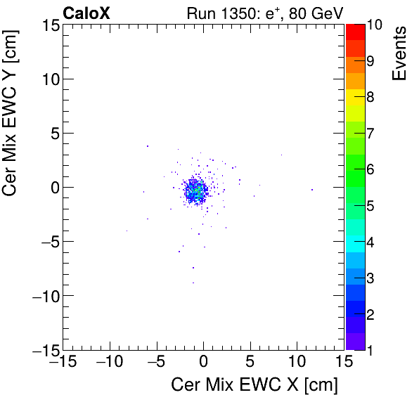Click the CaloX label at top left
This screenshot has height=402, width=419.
[86, 13]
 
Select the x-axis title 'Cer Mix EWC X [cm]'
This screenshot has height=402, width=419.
[254, 385]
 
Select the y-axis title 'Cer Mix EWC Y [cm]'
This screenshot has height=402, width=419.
[12, 117]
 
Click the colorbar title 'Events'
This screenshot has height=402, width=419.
[399, 53]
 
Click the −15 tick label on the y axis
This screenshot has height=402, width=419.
[44, 349]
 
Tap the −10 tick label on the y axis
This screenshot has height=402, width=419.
[44, 295]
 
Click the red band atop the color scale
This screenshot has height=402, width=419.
[355, 31]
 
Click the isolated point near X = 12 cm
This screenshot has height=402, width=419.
[312, 189]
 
